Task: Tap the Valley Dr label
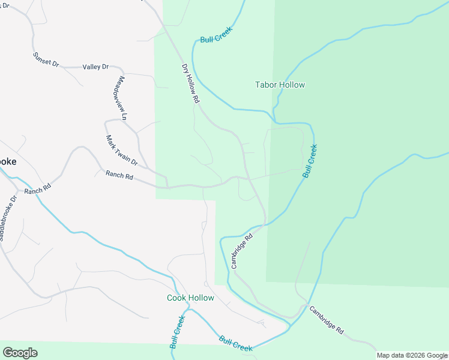tap(95, 67)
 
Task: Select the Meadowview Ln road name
tap(122, 98)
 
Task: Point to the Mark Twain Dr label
tap(122, 151)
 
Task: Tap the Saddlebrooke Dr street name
tap(7, 217)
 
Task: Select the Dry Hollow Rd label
tap(190, 85)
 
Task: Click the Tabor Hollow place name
tap(280, 85)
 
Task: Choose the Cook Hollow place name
tap(190, 298)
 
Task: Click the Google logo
tap(20, 353)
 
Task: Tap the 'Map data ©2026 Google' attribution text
tap(412, 355)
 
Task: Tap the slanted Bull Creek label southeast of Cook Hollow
tap(235, 344)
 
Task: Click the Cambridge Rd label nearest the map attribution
tap(327, 320)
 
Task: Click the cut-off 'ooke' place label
tap(8, 162)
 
